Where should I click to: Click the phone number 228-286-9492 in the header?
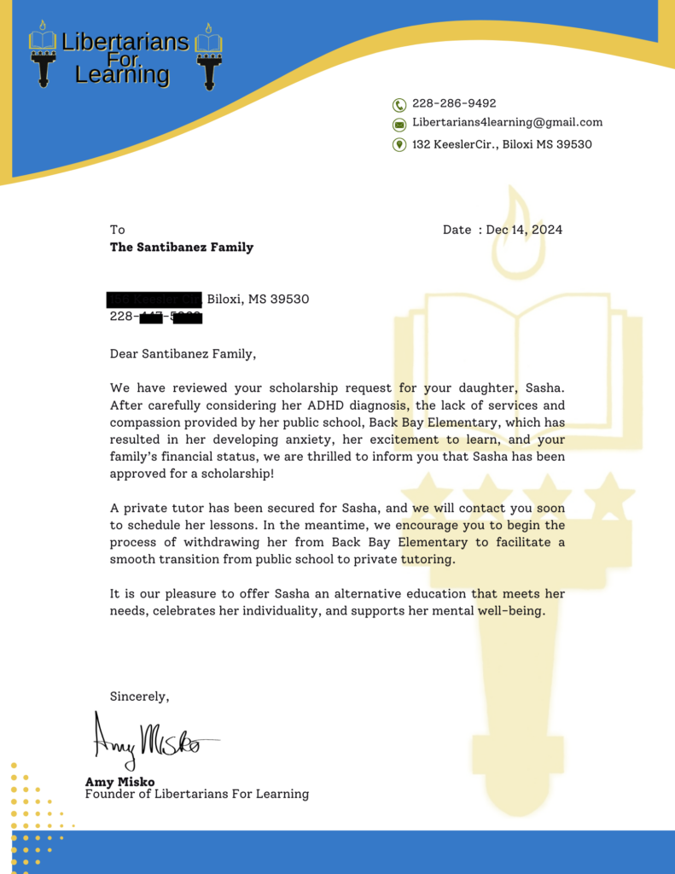(454, 103)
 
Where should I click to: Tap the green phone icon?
(399, 105)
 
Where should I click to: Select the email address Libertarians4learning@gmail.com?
(507, 122)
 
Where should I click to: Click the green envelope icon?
(399, 125)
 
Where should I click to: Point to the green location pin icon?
(399, 144)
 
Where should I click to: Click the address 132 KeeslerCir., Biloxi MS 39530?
(502, 144)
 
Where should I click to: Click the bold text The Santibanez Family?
(182, 248)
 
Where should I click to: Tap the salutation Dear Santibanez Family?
(183, 353)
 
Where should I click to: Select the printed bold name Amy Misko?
(121, 781)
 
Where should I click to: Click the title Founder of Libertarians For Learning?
(197, 794)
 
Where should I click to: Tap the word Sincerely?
(139, 696)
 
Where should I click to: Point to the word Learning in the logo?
(122, 75)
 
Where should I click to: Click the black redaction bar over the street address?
(154, 300)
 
